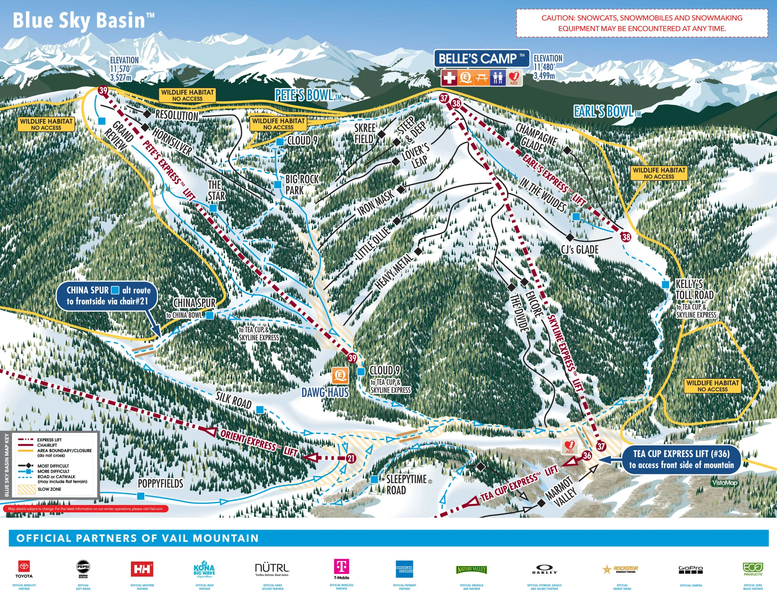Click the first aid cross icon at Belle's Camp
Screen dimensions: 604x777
point(449,77)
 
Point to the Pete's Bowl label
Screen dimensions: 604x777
point(307,95)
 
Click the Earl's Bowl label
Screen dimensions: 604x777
point(607,112)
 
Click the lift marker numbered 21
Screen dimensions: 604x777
point(351,458)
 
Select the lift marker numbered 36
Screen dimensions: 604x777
point(587,456)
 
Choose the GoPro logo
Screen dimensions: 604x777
point(690,569)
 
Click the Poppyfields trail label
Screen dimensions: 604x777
point(161,484)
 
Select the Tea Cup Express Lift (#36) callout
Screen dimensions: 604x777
point(681,459)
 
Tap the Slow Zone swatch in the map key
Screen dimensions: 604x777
point(26,489)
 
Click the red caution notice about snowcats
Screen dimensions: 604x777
point(642,23)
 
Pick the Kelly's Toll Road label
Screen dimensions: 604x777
point(694,289)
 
